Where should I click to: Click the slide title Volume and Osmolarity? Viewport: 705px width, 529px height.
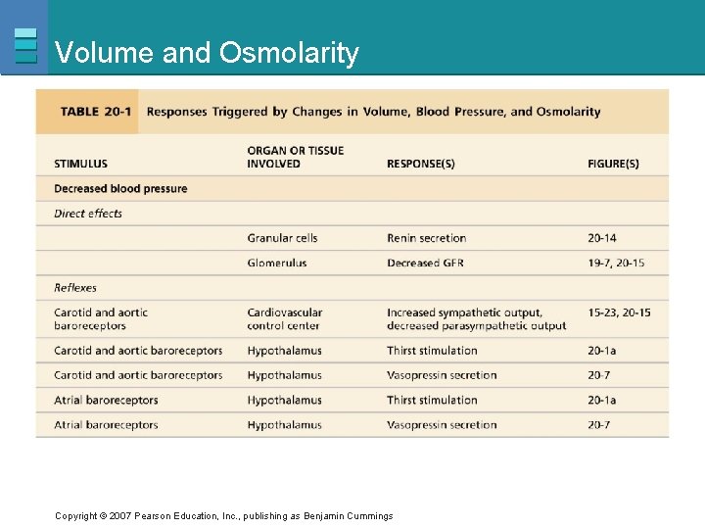pos(207,52)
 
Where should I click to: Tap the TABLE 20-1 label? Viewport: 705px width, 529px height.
pos(95,112)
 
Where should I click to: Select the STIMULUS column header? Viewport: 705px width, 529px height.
pos(80,164)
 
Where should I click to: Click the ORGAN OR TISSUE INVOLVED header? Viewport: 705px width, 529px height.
pos(295,157)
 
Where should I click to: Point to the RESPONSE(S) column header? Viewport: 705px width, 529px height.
pos(420,164)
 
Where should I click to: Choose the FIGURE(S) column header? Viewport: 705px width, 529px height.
pos(613,164)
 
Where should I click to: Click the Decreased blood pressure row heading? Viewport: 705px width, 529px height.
pos(120,189)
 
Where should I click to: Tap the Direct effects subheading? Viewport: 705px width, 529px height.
pos(88,214)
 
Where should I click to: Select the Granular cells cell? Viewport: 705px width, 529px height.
pos(282,238)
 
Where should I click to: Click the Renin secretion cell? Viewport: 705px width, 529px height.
pos(426,238)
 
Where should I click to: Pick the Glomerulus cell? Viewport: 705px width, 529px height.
pos(276,263)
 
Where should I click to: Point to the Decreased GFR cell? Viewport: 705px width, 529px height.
pos(425,263)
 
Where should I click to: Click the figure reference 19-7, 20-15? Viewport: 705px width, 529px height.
pos(616,263)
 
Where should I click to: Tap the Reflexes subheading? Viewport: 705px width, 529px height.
pos(75,288)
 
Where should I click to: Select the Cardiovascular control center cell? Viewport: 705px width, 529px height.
pos(284,319)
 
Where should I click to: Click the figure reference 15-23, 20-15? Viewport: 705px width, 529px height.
pos(619,313)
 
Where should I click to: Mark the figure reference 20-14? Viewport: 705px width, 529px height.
pos(602,238)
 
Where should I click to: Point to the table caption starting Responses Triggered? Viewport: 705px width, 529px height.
pos(373,112)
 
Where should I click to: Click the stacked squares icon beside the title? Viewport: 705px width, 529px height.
pos(26,46)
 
